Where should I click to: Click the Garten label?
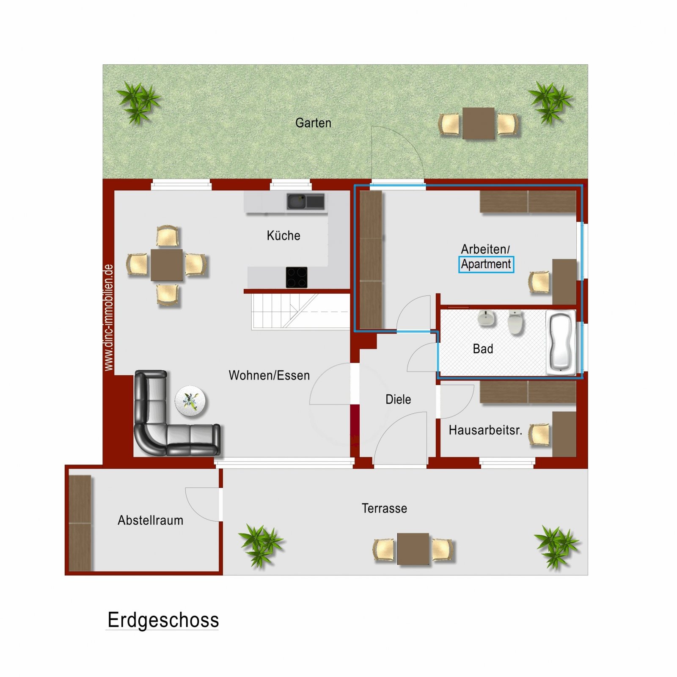point(313,123)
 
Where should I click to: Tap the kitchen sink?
point(305,201)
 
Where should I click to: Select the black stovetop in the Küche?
point(297,278)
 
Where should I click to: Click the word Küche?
point(283,236)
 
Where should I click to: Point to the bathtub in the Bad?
point(561,343)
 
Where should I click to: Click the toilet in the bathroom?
point(516,322)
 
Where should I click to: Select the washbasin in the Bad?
point(487,318)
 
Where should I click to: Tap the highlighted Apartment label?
point(486,264)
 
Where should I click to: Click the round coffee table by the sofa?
point(190,401)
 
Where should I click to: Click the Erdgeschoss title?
point(163,620)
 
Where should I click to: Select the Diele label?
point(398,399)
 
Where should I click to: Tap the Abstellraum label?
point(150,520)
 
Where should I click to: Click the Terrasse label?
point(384,508)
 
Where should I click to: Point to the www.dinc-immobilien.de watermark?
point(109,317)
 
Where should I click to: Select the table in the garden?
point(478,124)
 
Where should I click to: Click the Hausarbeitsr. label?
point(485,430)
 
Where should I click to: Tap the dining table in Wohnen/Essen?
point(167,265)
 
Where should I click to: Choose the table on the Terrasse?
point(413,549)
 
